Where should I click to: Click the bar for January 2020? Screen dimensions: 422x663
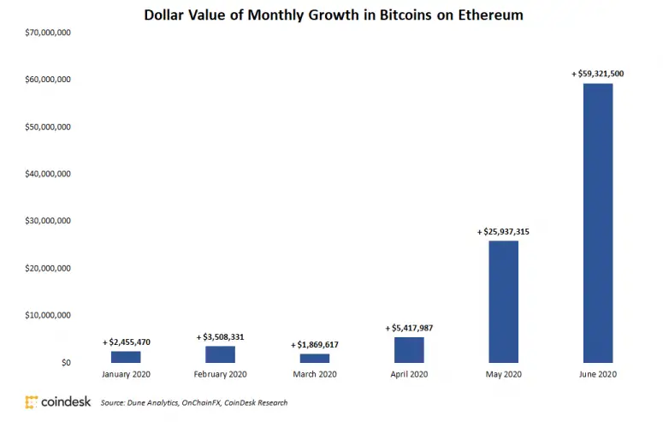[x=126, y=357]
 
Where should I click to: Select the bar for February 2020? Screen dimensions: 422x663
[x=220, y=354]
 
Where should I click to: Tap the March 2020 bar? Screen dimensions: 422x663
[x=314, y=358]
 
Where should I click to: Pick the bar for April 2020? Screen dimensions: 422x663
[x=409, y=350]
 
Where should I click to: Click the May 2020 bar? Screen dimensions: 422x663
[x=503, y=301]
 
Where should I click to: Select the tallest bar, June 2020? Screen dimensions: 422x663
[x=597, y=223]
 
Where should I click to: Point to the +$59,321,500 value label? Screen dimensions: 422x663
[x=597, y=74]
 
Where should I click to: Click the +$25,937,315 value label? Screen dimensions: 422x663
[x=503, y=232]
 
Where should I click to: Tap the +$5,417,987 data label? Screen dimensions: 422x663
[x=409, y=328]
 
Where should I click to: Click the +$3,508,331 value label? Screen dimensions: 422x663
[x=220, y=337]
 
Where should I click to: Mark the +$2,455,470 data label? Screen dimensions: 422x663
[x=126, y=342]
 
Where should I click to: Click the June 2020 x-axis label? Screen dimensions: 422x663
[x=597, y=375]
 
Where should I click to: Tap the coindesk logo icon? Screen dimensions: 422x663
[x=32, y=401]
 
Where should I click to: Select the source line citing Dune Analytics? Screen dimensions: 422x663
[x=193, y=402]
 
